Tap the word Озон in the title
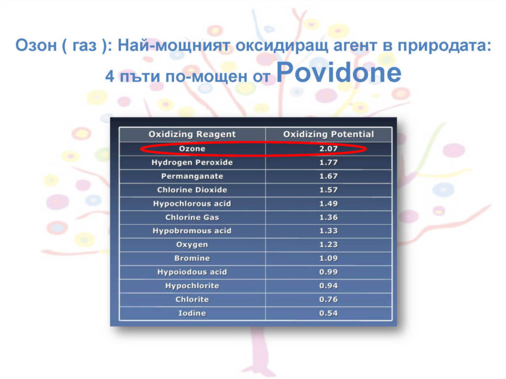pyautogui.click(x=36, y=45)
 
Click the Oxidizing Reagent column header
pyautogui.click(x=192, y=134)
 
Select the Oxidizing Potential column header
pyautogui.click(x=329, y=134)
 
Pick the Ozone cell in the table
pyautogui.click(x=192, y=149)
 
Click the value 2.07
pyautogui.click(x=329, y=149)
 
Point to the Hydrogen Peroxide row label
pyautogui.click(x=192, y=162)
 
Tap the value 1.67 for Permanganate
pyautogui.click(x=329, y=176)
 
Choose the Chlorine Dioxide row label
pyautogui.click(x=192, y=190)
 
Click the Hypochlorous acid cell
pyautogui.click(x=192, y=204)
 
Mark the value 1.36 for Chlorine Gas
pyautogui.click(x=329, y=218)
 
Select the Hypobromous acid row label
pyautogui.click(x=192, y=231)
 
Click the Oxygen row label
pyautogui.click(x=192, y=245)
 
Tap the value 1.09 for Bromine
pyautogui.click(x=329, y=259)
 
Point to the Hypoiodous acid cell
pyautogui.click(x=192, y=272)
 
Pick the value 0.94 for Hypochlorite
pyautogui.click(x=329, y=286)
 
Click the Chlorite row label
pyautogui.click(x=192, y=300)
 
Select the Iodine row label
pyautogui.click(x=192, y=313)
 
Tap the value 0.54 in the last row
pyautogui.click(x=329, y=313)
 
